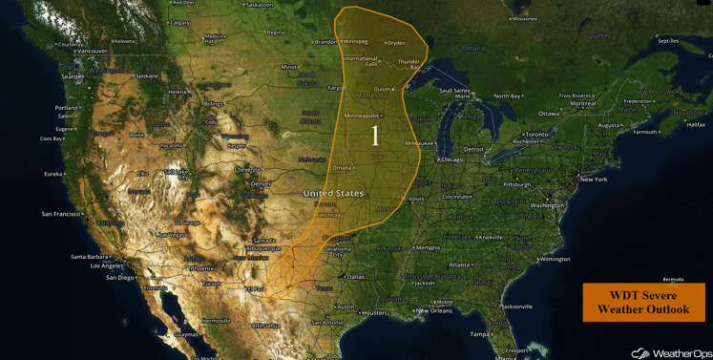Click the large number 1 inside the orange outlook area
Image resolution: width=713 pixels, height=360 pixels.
(375, 136)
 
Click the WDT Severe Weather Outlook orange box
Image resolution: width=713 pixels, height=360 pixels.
(643, 303)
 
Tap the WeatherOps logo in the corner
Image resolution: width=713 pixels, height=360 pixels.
(671, 352)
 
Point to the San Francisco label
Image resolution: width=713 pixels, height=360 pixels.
(61, 214)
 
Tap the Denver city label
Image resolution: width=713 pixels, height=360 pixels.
(261, 183)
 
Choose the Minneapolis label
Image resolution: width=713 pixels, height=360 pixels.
(361, 116)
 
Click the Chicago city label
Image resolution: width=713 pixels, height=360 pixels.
(452, 159)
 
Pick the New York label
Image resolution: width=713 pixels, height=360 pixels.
(594, 180)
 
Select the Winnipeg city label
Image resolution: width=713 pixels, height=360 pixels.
(355, 41)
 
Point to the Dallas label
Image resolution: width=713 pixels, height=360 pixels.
(355, 277)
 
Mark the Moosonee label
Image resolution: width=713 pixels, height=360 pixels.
(525, 18)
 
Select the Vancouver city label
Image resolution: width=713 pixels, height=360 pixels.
(93, 51)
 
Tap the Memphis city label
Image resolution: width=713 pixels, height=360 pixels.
(429, 247)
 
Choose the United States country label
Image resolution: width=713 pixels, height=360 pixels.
(333, 193)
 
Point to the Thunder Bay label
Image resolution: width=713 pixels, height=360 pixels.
(409, 64)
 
